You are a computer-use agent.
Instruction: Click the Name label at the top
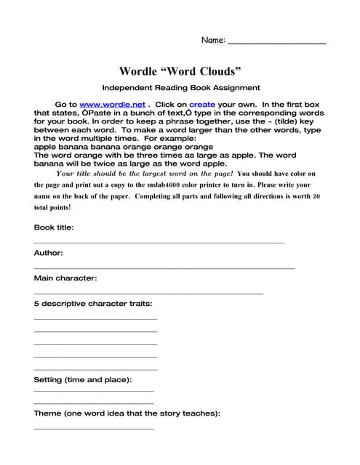pyautogui.click(x=213, y=41)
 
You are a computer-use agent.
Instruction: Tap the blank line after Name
pyautogui.click(x=277, y=44)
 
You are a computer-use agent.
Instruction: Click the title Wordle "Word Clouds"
pyautogui.click(x=180, y=71)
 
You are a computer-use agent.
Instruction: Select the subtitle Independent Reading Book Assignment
pyautogui.click(x=181, y=88)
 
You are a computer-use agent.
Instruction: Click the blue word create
pyautogui.click(x=201, y=105)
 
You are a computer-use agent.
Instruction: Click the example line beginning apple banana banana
pyautogui.click(x=124, y=147)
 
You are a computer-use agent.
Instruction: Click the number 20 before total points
pyautogui.click(x=316, y=196)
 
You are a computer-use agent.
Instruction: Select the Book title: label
pyautogui.click(x=54, y=227)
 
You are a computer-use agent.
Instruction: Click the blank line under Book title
pyautogui.click(x=159, y=242)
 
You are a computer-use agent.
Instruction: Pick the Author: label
pyautogui.click(x=49, y=253)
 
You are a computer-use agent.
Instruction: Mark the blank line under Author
pyautogui.click(x=164, y=268)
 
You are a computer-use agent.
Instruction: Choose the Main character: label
pyautogui.click(x=65, y=278)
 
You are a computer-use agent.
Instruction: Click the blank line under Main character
pyautogui.click(x=148, y=293)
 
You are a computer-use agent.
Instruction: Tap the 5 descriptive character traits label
pyautogui.click(x=93, y=304)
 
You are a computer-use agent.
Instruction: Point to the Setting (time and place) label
pyautogui.click(x=83, y=379)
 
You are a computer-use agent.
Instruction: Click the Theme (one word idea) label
pyautogui.click(x=127, y=413)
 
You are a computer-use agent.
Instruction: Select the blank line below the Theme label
pyautogui.click(x=94, y=429)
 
